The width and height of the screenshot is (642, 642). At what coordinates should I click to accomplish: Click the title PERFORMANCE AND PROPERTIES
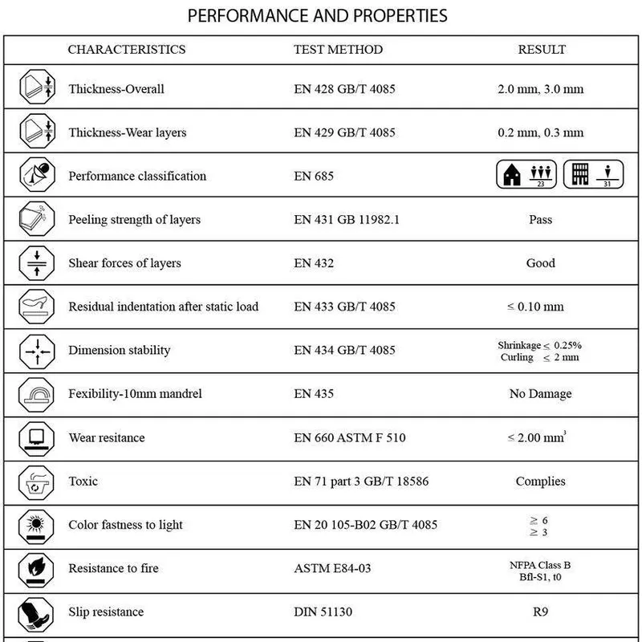317,16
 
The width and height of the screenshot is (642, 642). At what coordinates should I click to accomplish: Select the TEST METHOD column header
338,50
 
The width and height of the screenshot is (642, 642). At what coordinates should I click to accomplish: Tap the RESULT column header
542,50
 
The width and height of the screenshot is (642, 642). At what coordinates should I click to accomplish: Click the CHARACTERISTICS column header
127,50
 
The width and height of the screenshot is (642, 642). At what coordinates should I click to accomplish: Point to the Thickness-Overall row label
116,89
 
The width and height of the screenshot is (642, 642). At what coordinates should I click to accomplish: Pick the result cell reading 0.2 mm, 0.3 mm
541,132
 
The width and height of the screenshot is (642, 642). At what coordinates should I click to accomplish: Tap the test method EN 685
314,176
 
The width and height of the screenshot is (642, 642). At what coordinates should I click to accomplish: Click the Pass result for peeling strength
542,220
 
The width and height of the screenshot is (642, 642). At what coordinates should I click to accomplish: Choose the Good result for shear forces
541,263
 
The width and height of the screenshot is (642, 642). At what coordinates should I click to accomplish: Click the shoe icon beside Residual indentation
36,307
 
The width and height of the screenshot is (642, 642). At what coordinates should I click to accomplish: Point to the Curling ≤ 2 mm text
538,357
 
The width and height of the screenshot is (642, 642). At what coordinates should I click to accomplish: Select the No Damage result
541,394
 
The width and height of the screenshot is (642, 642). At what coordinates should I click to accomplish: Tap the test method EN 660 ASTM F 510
350,438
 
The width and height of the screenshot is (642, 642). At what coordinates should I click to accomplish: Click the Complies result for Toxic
541,481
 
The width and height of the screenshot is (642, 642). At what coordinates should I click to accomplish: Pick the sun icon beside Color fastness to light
36,525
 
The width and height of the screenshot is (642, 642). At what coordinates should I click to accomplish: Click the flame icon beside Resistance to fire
36,569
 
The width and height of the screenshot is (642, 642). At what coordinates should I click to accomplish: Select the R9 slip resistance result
541,612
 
